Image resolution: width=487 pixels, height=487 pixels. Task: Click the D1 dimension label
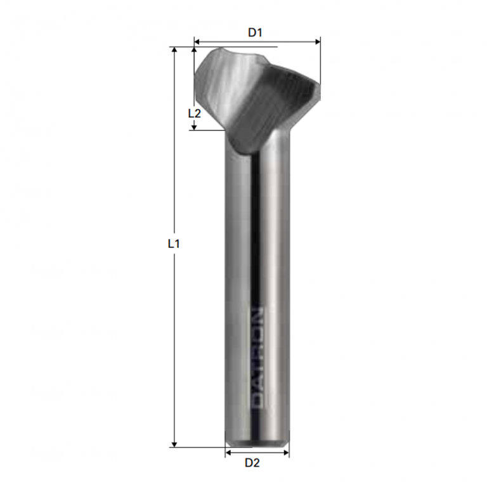(255, 33)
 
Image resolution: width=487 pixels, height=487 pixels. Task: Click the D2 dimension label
(252, 463)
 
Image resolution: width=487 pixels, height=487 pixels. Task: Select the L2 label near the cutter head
(195, 114)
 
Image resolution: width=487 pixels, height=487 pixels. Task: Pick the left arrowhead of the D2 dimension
(228, 453)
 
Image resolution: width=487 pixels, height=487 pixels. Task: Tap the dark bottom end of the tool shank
(257, 439)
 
